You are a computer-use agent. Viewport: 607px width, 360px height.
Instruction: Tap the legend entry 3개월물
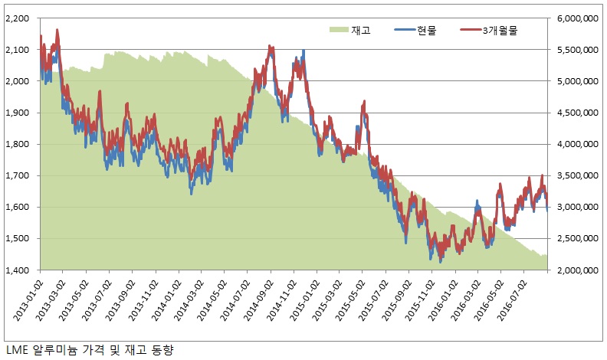489,31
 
